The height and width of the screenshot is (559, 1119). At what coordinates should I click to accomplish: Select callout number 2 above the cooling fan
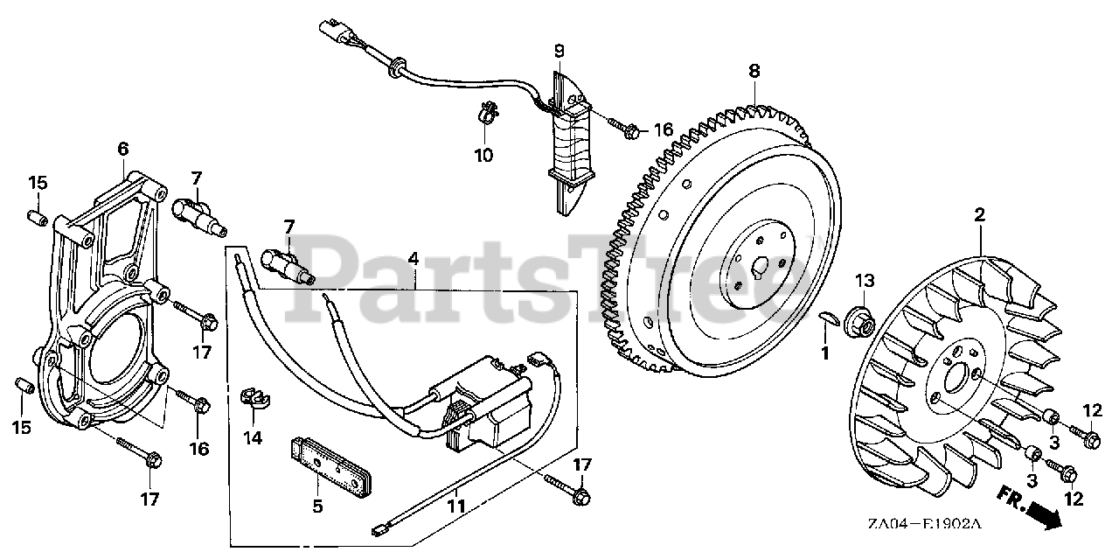tap(980, 214)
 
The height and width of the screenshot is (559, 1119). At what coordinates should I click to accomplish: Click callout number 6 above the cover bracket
tap(123, 150)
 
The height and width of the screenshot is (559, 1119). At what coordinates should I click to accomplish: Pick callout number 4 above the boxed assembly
tap(413, 259)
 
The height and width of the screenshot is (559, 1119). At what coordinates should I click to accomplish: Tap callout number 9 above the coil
tap(559, 52)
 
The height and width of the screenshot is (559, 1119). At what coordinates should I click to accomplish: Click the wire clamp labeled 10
tap(487, 115)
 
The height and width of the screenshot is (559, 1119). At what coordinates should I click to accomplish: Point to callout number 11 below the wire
tap(456, 506)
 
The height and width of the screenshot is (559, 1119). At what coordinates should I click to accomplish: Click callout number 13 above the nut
tap(865, 281)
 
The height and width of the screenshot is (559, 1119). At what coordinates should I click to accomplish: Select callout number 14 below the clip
tap(253, 437)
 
